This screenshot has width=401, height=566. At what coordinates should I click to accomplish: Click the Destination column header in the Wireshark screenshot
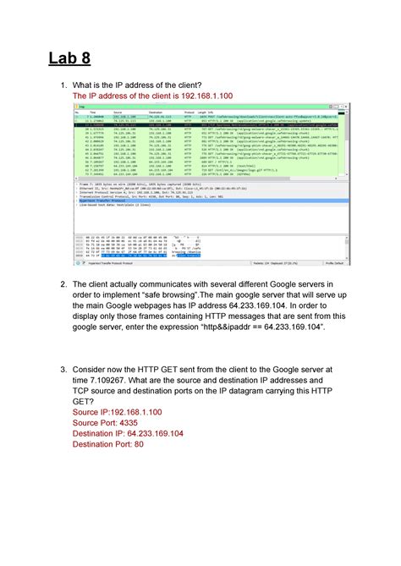[x=156, y=113]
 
